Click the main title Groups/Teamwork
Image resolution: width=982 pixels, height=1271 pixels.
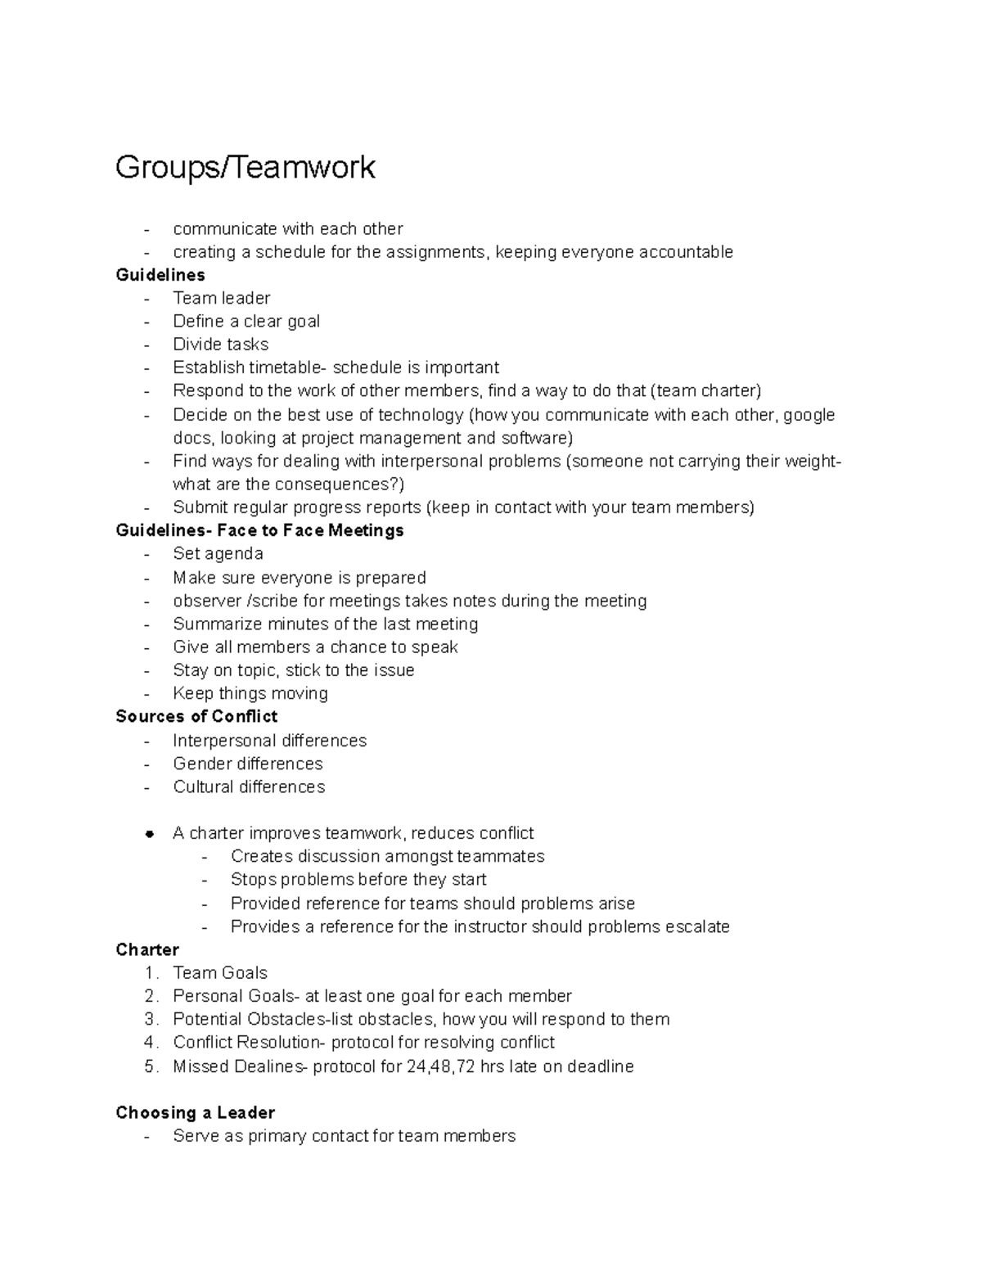tap(245, 167)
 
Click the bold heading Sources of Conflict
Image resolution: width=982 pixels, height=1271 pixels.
tap(196, 716)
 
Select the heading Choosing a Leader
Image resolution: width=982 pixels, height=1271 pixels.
tap(195, 1112)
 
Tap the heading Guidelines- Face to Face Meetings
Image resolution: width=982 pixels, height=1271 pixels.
tap(259, 530)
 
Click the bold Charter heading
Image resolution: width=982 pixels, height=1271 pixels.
tap(147, 949)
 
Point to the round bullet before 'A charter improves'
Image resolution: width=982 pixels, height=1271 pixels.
tap(149, 834)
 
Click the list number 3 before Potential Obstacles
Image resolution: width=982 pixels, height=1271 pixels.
tap(150, 1019)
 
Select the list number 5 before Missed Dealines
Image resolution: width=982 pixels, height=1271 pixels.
tap(150, 1066)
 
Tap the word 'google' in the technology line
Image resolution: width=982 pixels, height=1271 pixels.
tap(809, 414)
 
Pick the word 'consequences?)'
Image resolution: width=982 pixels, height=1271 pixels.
tap(339, 484)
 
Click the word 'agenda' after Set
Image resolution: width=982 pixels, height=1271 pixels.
tap(236, 554)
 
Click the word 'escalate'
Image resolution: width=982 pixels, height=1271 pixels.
tap(697, 926)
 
